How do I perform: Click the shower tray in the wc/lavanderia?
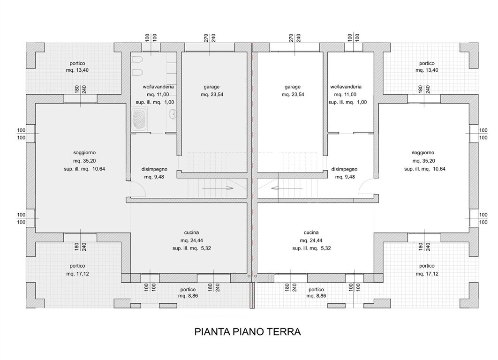point(139,119)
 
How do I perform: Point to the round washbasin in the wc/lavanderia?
point(173,113)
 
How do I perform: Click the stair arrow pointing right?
point(218,188)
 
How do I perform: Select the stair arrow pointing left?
point(287,188)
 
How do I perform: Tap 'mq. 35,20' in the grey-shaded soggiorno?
point(84,161)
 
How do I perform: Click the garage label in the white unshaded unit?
point(292,87)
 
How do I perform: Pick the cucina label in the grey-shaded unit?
point(191,232)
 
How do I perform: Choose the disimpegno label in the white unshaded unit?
point(344,169)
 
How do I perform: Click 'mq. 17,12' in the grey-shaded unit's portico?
point(77,274)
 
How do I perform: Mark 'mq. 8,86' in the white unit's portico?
point(317,296)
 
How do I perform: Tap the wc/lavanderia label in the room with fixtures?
point(158,87)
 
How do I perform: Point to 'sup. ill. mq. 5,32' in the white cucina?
point(311,248)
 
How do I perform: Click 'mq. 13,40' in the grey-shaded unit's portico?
point(77,70)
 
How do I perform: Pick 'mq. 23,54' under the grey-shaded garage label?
point(212,94)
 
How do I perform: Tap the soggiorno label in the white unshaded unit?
point(423,153)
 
